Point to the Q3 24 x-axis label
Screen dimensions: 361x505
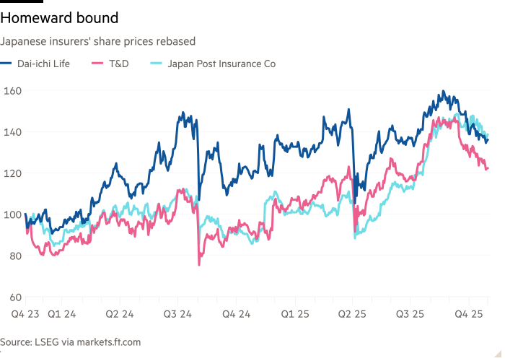tap(177, 315)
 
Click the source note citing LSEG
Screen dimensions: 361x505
tap(70, 342)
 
